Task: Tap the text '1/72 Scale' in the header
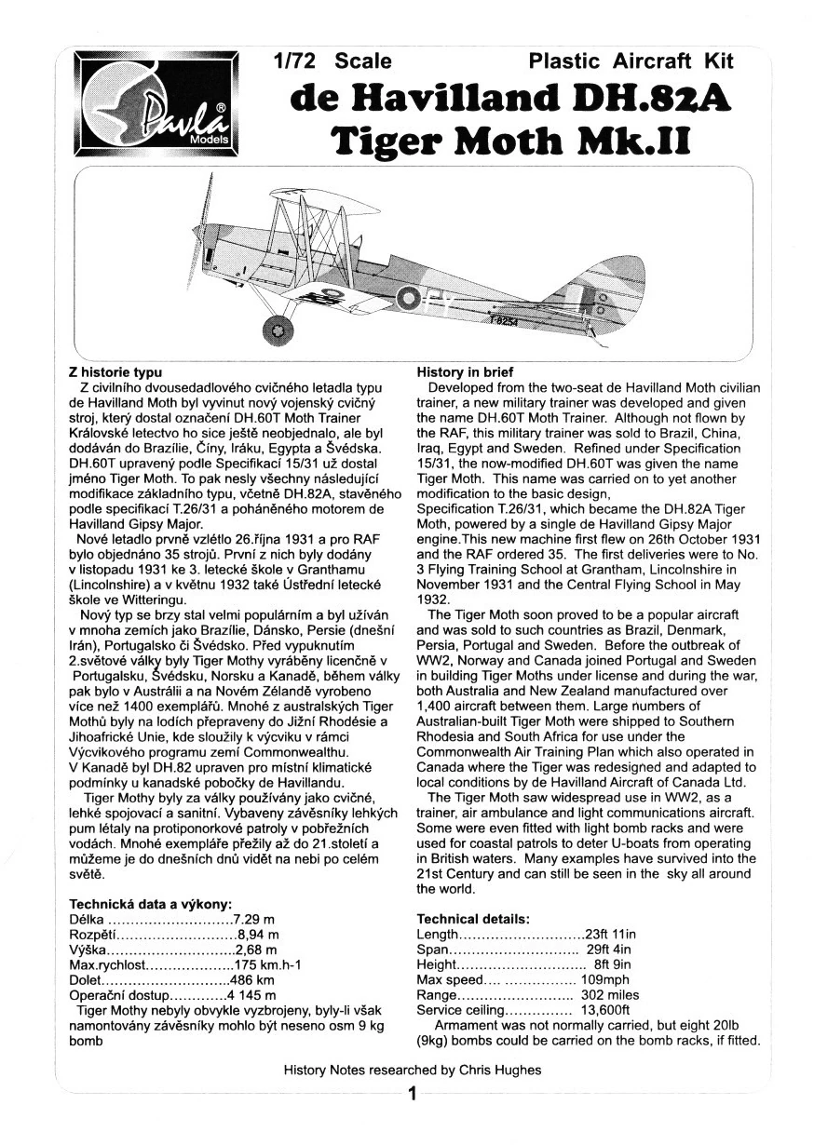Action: pos(332,61)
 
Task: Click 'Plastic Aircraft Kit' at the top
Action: pos(631,61)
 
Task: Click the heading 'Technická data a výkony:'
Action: pos(150,903)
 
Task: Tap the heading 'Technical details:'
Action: pos(474,918)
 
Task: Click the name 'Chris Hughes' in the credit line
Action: pos(500,1070)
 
